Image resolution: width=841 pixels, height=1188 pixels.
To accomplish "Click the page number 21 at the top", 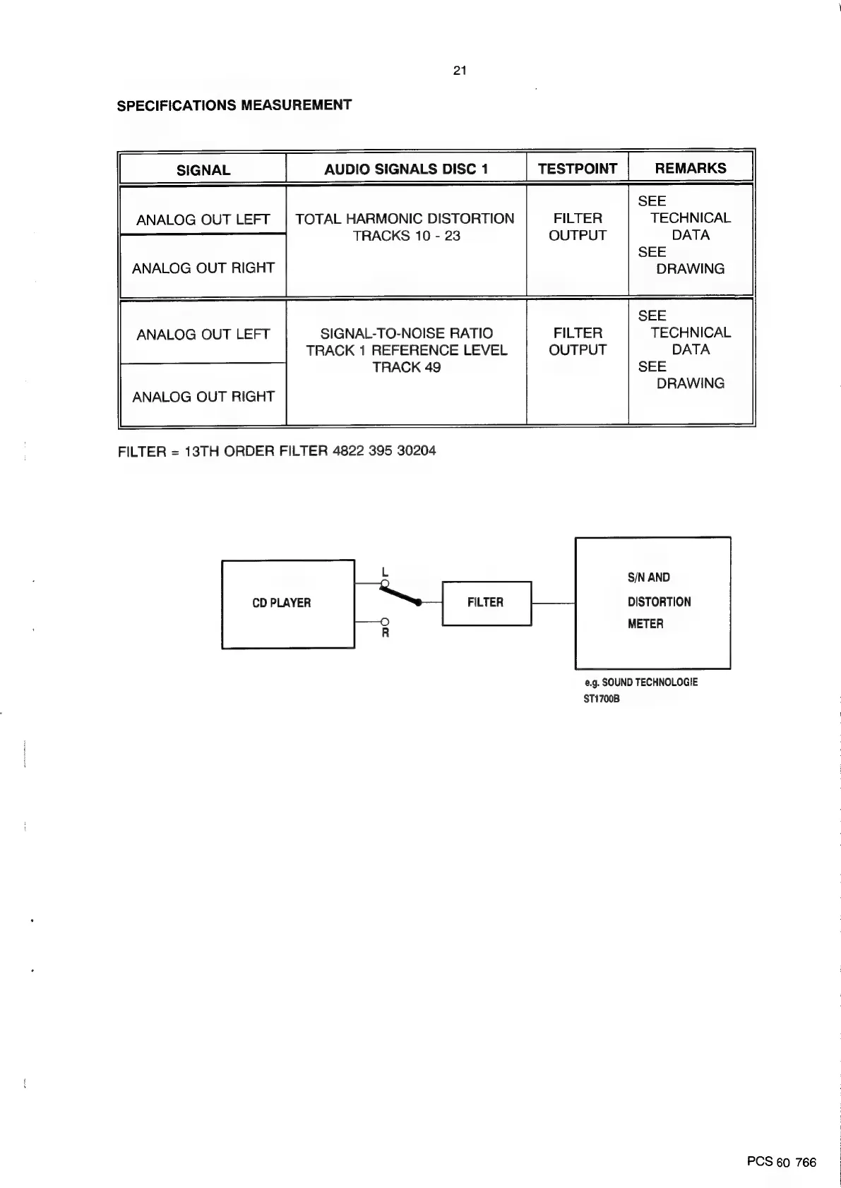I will click(x=460, y=71).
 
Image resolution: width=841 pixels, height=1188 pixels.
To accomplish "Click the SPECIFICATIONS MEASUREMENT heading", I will click(x=234, y=106).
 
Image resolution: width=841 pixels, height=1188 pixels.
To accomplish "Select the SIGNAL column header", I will click(x=203, y=170).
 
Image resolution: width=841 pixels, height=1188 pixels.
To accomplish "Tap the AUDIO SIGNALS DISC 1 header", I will click(x=406, y=169).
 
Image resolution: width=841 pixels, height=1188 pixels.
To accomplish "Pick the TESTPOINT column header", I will click(x=577, y=169).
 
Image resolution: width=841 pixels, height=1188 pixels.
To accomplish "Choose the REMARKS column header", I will click(x=690, y=168).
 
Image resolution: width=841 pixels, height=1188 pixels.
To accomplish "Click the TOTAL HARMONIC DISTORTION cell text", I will click(x=405, y=219).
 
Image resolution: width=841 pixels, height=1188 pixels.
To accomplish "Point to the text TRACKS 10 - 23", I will click(x=406, y=236).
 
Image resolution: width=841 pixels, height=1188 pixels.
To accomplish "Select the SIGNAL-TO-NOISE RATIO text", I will click(x=407, y=333).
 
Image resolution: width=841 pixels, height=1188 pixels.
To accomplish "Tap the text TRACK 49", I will click(x=406, y=367).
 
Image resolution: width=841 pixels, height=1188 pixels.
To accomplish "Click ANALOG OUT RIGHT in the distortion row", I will click(x=203, y=268).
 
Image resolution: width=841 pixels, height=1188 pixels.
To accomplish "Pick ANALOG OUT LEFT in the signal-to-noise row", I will click(x=203, y=335).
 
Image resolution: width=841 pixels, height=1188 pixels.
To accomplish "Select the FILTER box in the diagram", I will click(x=486, y=603).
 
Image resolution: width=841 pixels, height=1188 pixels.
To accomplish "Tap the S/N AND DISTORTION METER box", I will click(x=653, y=601).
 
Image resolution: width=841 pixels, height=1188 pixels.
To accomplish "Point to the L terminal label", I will click(x=384, y=571).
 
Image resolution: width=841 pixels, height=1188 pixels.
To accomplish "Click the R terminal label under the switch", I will click(x=386, y=633).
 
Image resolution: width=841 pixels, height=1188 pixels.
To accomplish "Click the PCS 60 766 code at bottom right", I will click(x=781, y=1163).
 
